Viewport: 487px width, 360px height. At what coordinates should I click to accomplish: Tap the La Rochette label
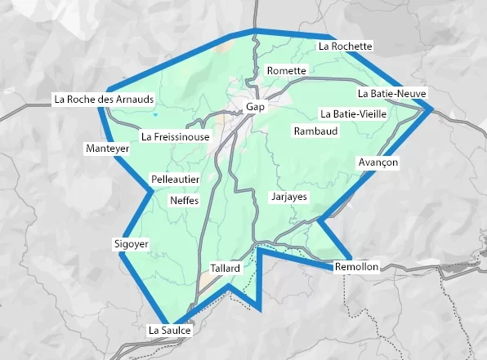click(346, 47)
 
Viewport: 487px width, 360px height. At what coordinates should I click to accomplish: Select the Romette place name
click(287, 71)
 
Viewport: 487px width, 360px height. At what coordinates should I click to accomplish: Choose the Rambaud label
click(315, 131)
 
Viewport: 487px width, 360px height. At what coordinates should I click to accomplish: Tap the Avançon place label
click(378, 163)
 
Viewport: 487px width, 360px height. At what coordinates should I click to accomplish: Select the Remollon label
click(357, 267)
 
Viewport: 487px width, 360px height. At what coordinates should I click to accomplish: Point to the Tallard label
click(225, 268)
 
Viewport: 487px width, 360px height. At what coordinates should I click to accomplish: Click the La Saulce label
click(170, 331)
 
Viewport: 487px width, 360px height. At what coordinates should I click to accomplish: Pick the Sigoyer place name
click(131, 244)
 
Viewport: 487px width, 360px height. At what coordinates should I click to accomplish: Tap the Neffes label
click(184, 200)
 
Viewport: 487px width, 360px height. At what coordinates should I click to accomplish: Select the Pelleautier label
click(176, 179)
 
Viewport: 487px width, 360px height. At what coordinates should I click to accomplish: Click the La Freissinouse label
click(176, 137)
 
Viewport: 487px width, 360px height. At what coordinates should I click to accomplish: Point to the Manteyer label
click(107, 149)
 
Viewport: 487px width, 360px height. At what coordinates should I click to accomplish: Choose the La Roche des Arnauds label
click(103, 100)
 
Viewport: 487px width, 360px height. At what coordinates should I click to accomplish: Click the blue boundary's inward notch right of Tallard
click(260, 250)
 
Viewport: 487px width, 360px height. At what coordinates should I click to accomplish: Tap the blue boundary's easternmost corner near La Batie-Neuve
click(430, 109)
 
